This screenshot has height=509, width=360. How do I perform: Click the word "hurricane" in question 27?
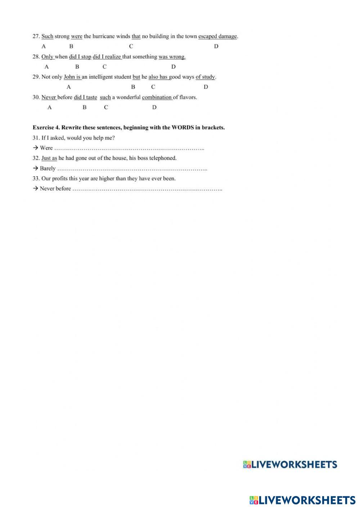103,36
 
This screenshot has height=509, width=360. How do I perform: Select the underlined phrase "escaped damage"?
217,36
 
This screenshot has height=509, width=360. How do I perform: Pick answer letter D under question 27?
216,46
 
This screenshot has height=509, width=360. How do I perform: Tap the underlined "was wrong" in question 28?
172,57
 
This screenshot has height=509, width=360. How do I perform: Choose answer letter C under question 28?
104,67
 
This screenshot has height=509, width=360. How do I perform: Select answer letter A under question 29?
69,87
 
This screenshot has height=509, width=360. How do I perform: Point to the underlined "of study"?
205,77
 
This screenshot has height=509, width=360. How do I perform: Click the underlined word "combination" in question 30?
157,98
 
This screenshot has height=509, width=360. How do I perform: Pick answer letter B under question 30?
85,108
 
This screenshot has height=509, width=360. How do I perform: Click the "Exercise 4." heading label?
46,127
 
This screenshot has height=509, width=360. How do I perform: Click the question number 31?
36,138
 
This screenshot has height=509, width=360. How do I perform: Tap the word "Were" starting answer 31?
46,148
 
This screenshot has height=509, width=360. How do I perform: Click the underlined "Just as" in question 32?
49,158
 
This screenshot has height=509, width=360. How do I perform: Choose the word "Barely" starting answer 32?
48,168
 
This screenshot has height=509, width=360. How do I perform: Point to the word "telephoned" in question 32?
163,158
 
